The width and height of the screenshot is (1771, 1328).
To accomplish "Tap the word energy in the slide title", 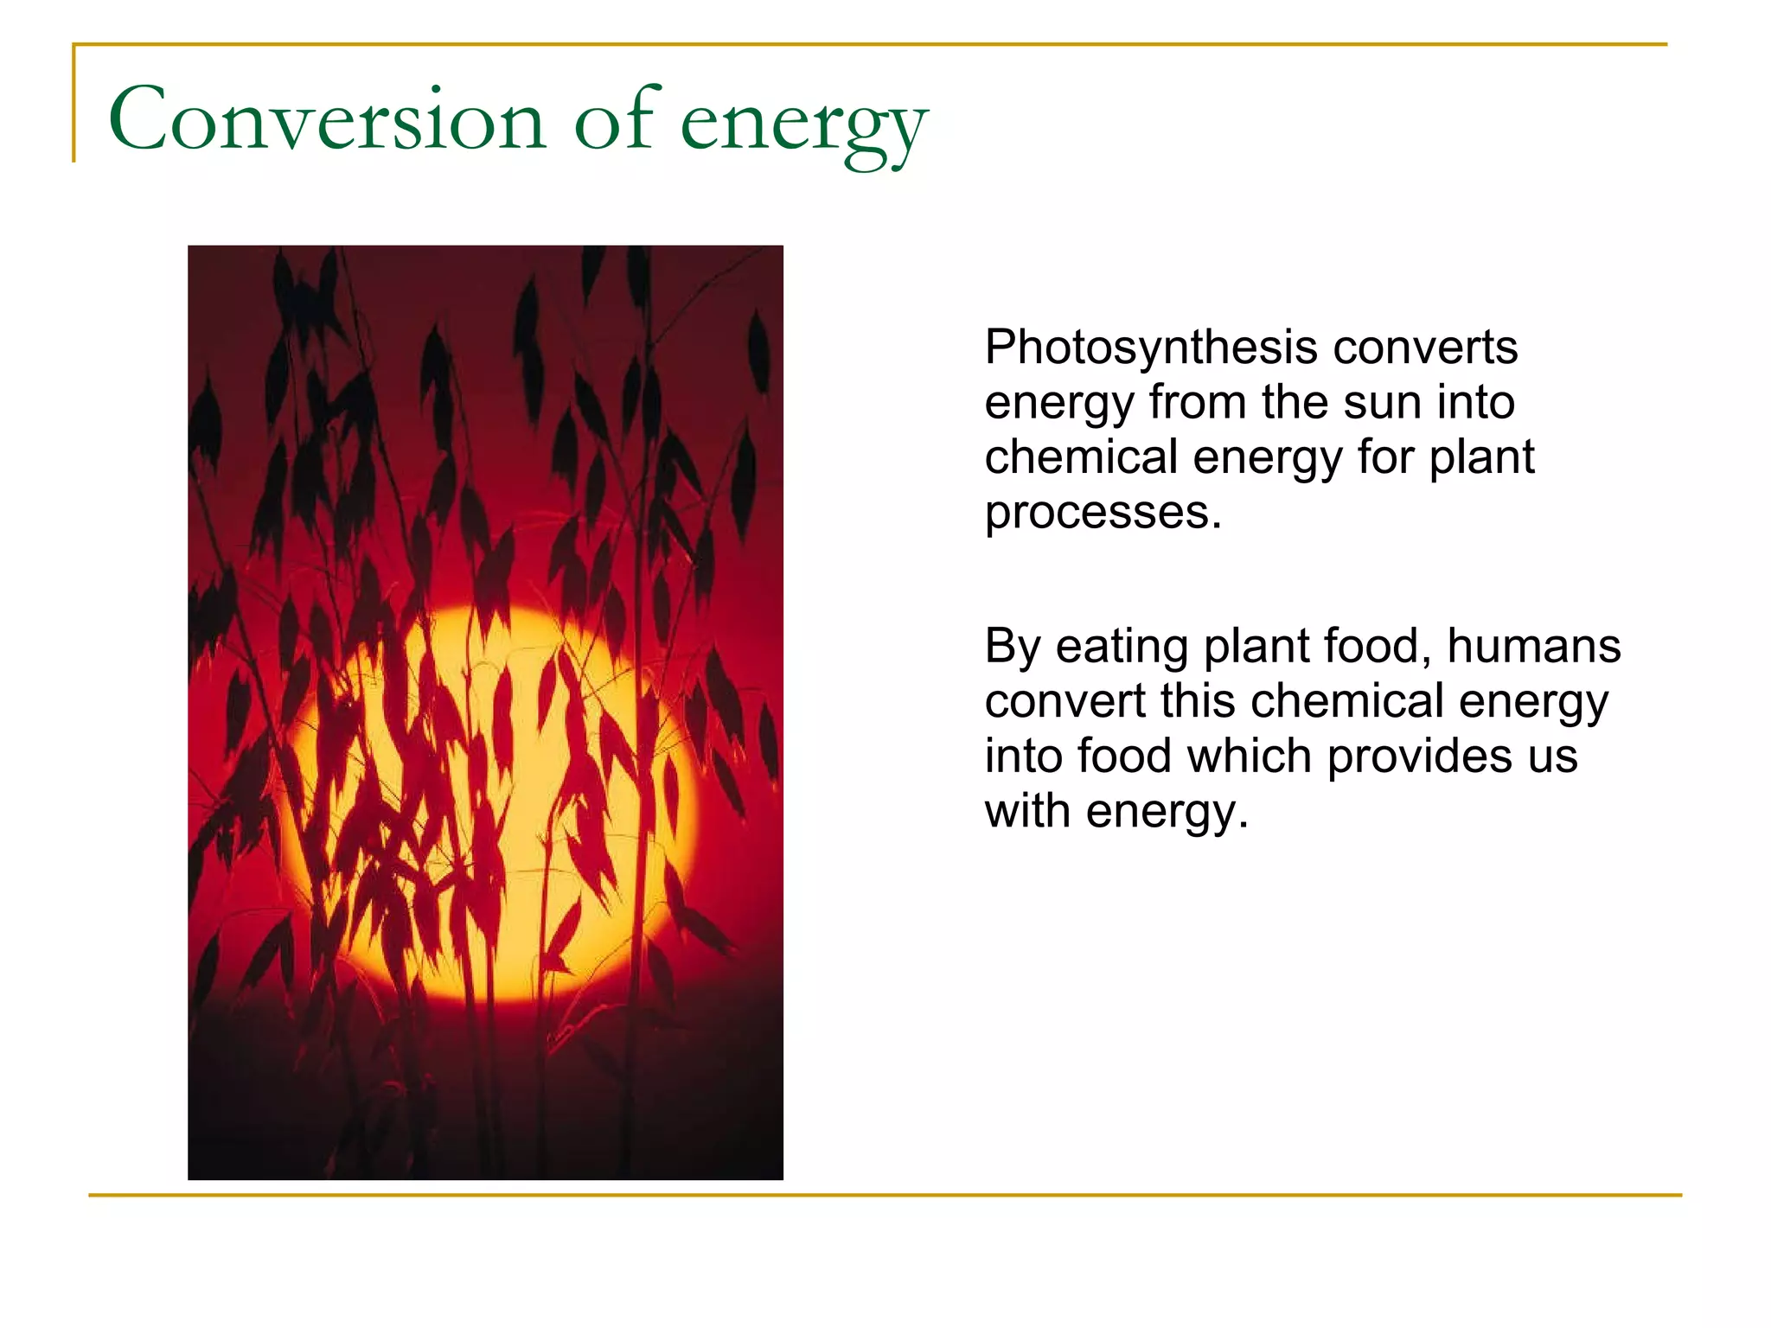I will (803, 125).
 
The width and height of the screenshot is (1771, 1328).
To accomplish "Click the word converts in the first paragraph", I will (1425, 348).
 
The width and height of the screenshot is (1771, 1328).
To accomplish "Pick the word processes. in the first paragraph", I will (1103, 513).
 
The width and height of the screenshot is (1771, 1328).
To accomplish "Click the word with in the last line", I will (1027, 812).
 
